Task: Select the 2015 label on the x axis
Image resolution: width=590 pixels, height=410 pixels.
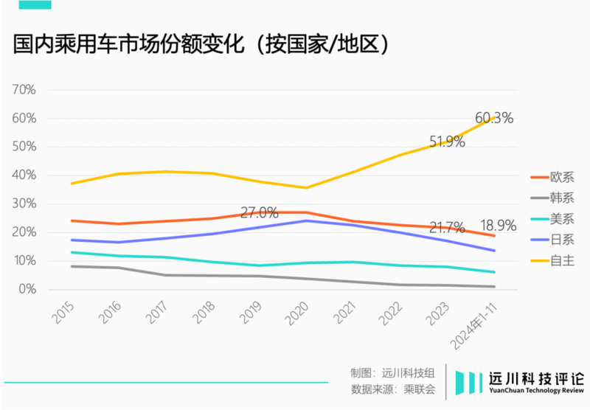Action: point(64,313)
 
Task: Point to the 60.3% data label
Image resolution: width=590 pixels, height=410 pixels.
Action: point(493,118)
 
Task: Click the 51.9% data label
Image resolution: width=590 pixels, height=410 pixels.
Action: point(447,142)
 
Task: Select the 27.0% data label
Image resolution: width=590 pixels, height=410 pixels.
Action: point(260,213)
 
